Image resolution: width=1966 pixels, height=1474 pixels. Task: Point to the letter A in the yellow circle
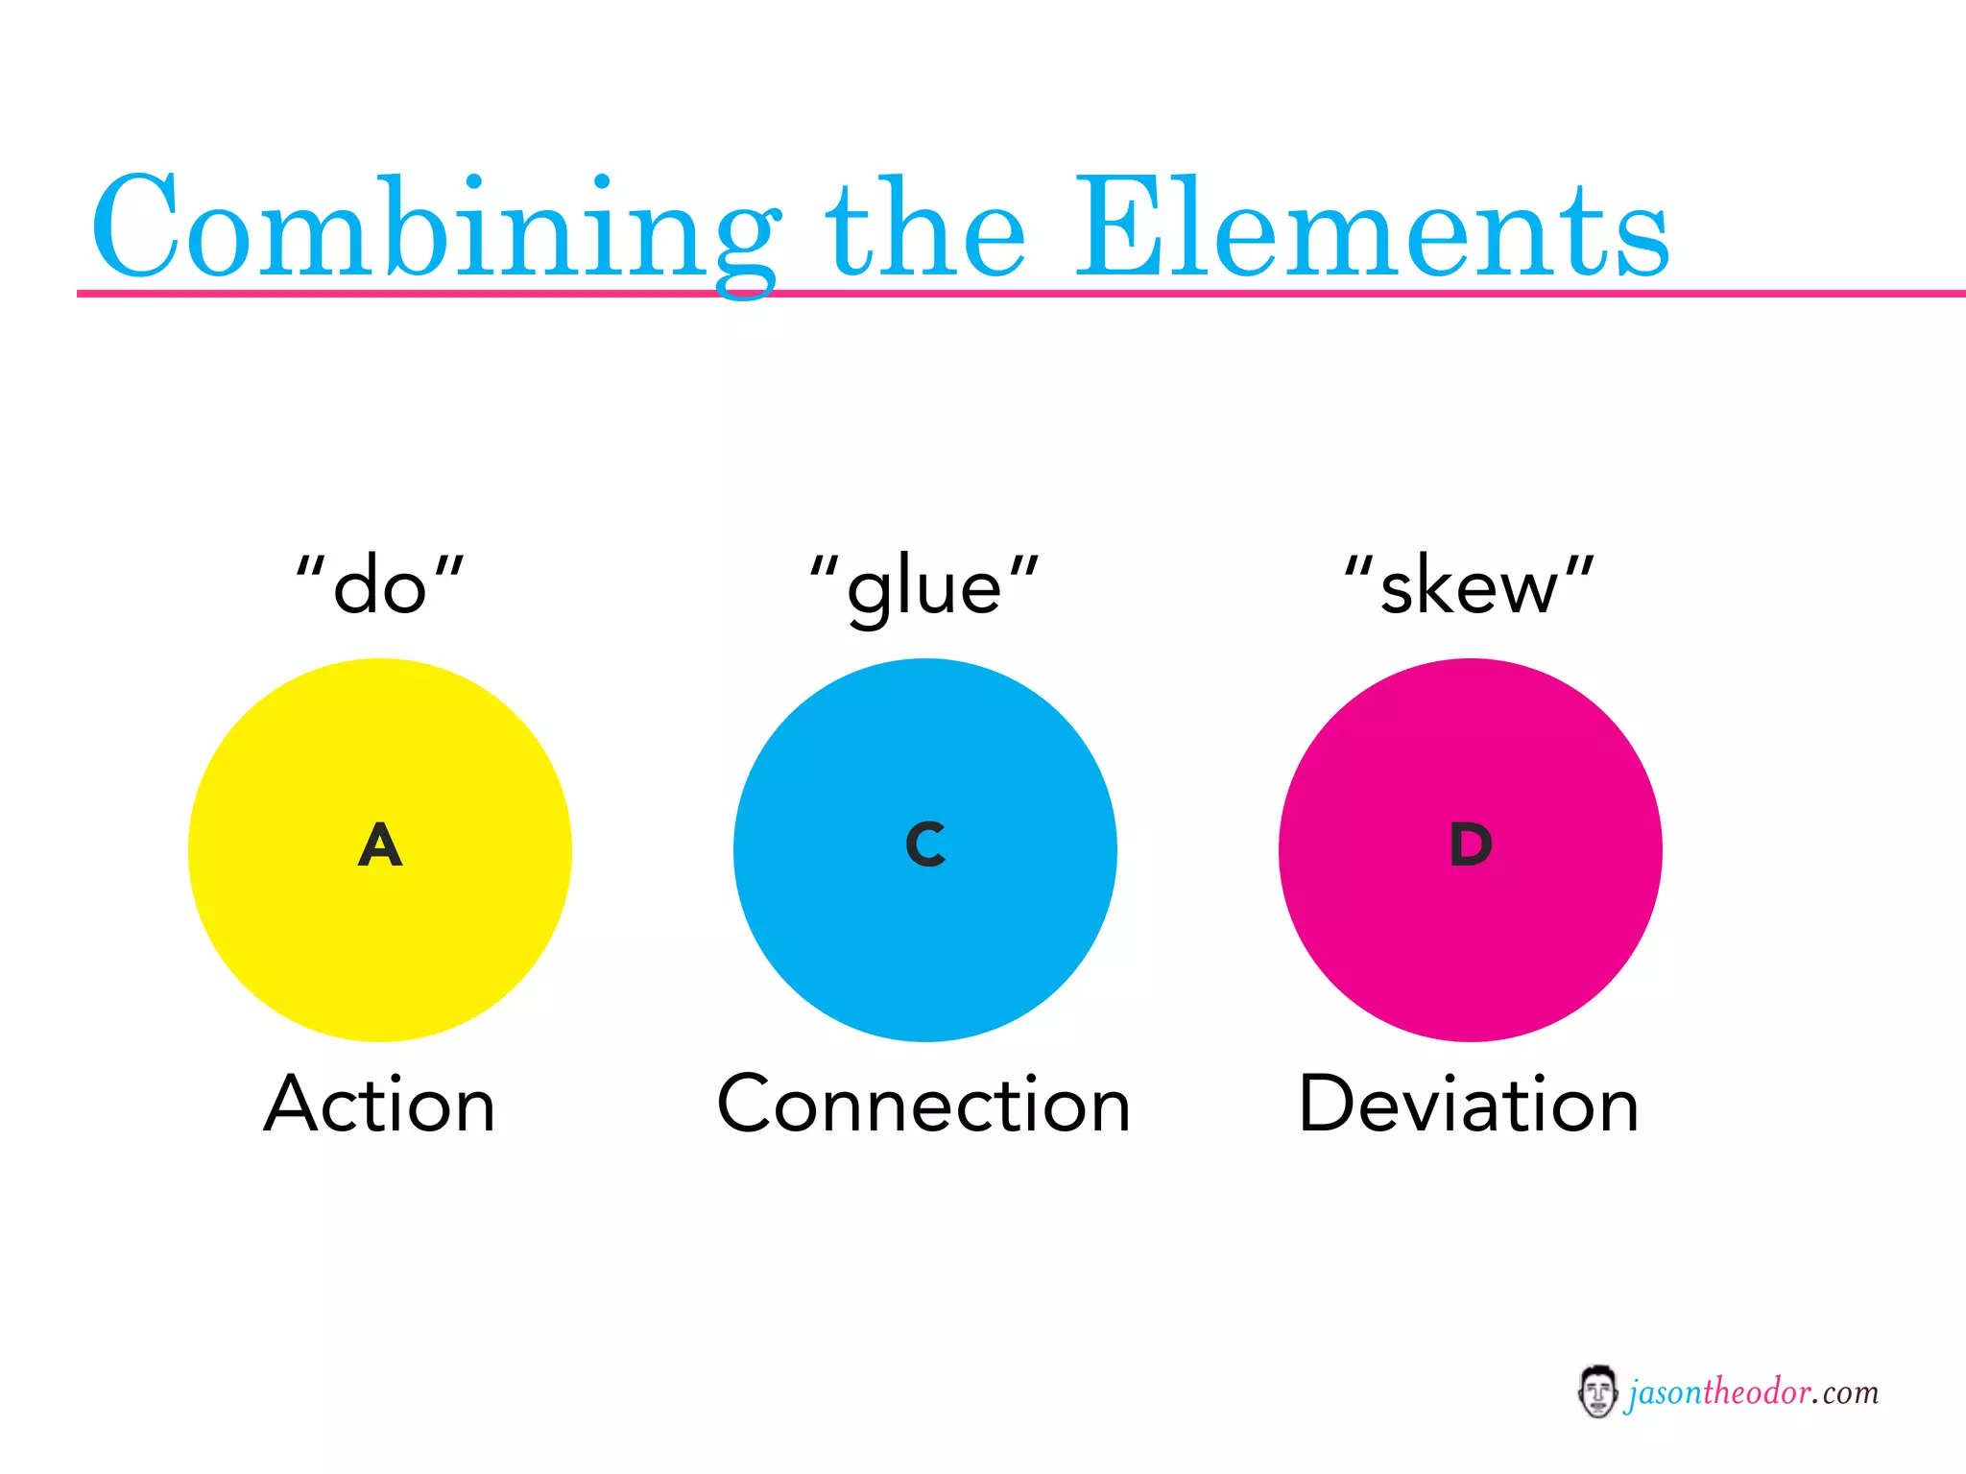click(x=380, y=845)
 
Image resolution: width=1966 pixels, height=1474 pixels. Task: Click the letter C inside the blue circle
click(x=925, y=844)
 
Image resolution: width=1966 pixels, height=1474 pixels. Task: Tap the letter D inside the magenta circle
click(x=1471, y=844)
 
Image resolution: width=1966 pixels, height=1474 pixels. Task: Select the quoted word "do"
click(x=380, y=586)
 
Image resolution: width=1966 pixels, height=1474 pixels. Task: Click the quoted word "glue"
click(x=924, y=586)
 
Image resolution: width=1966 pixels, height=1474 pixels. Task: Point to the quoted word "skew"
click(x=1469, y=586)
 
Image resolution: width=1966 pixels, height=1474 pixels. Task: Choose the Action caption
click(x=380, y=1105)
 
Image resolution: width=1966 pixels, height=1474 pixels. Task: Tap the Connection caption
click(x=923, y=1105)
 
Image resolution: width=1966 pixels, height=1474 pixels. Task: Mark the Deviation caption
click(x=1469, y=1105)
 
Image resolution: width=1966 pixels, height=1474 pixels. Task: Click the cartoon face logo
click(x=1597, y=1391)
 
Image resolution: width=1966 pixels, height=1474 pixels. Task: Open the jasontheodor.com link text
click(x=1752, y=1392)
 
